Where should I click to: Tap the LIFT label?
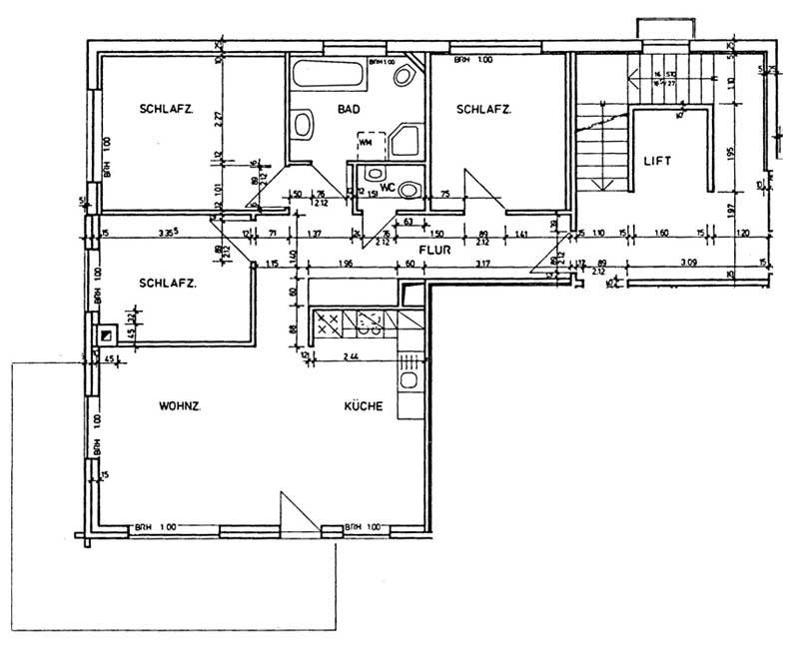(656, 160)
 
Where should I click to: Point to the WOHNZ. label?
(182, 406)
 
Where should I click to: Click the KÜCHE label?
(364, 406)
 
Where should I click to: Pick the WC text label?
(387, 186)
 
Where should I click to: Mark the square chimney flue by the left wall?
(106, 336)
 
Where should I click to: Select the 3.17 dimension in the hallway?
(483, 265)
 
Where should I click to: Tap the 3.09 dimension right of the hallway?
(687, 265)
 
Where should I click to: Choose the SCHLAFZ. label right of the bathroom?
(483, 109)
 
